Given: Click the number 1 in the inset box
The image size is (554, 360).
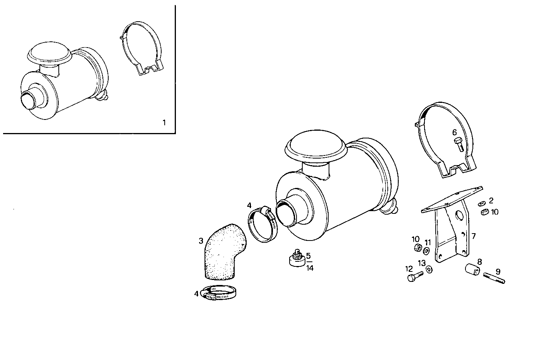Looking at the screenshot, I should pos(164,123).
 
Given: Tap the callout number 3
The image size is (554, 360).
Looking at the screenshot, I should pos(201,241).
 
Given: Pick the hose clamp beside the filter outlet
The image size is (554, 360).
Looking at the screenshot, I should pos(263,225).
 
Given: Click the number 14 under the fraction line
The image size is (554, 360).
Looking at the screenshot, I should pos(310,268).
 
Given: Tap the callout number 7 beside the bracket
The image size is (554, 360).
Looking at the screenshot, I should pos(474,235).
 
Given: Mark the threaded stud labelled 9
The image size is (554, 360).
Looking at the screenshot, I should pos(494,278).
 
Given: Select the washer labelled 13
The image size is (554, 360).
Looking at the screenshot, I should pos(429,270).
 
